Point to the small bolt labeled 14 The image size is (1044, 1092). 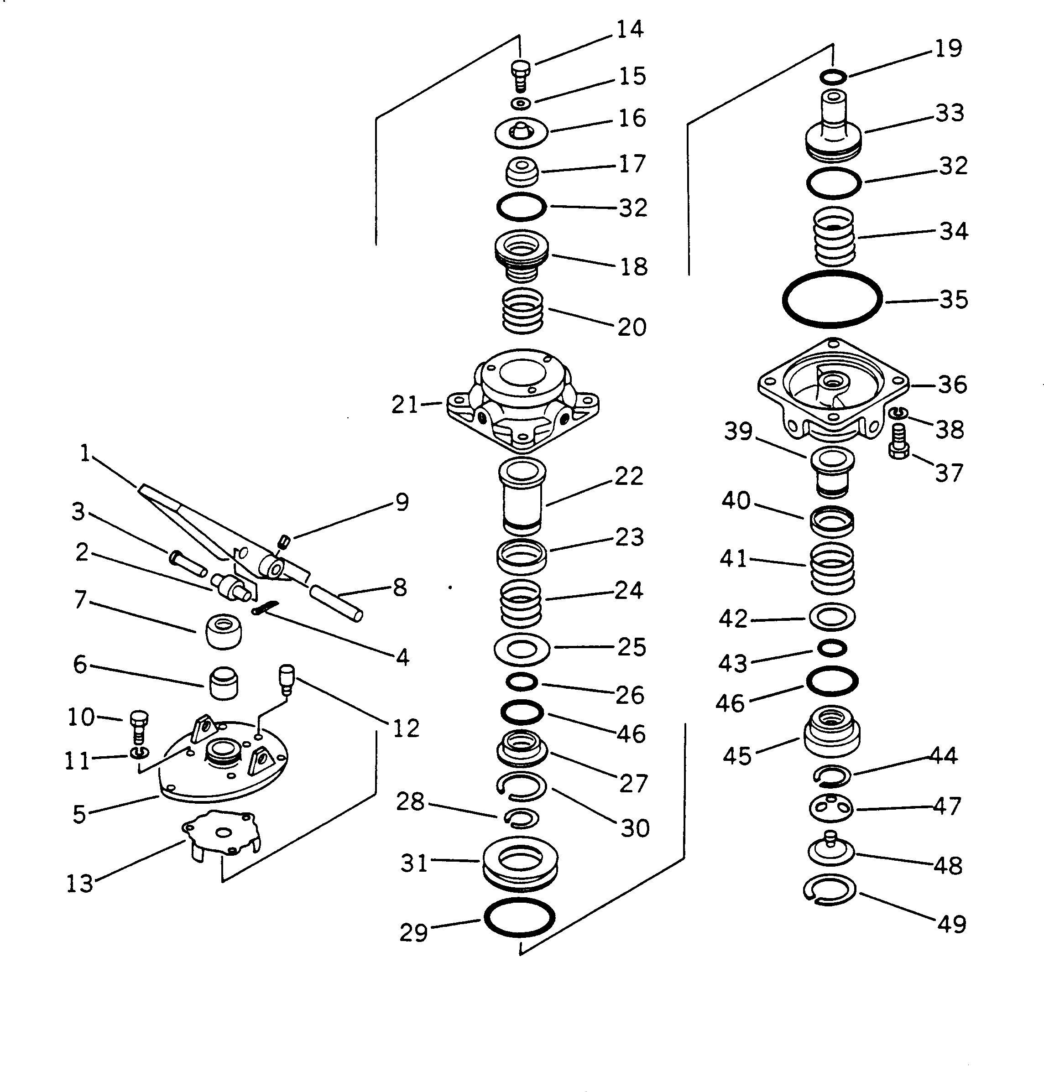pos(520,76)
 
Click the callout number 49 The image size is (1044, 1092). pos(952,925)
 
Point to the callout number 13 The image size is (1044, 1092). pos(79,884)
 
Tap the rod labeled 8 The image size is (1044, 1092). pos(337,603)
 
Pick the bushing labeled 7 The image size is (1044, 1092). pos(224,631)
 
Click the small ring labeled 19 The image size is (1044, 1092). pos(833,76)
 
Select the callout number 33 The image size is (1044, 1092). pos(950,113)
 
